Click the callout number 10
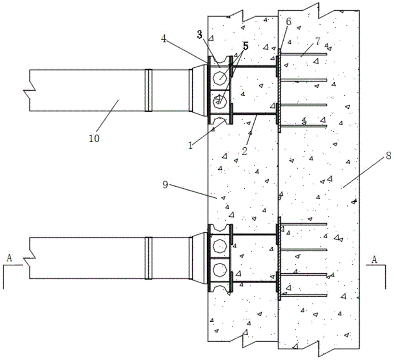coord(94,138)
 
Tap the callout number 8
coord(388,156)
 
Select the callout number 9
coord(165,185)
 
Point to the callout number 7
coord(318,41)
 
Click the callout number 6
coord(289,22)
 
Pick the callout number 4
coord(164,39)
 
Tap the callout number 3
coord(200,35)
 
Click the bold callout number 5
coord(245,46)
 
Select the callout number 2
coord(245,151)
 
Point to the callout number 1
coord(191,145)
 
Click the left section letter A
coord(9,258)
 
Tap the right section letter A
coord(374,260)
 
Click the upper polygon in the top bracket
coord(220,78)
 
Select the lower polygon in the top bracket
coord(220,102)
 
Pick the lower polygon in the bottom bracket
coord(220,269)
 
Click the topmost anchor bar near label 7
coord(303,54)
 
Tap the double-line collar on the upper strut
coord(149,90)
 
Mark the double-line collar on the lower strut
coord(149,258)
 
